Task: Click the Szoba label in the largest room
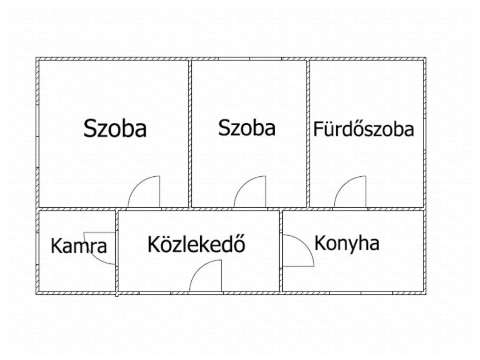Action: [115, 128]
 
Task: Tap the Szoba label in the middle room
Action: [247, 128]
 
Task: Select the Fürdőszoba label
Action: [364, 129]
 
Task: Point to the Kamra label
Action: [79, 246]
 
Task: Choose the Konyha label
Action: [347, 244]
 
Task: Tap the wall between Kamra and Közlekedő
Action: [117, 251]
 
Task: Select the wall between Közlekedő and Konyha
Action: [281, 251]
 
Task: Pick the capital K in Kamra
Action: [56, 246]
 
